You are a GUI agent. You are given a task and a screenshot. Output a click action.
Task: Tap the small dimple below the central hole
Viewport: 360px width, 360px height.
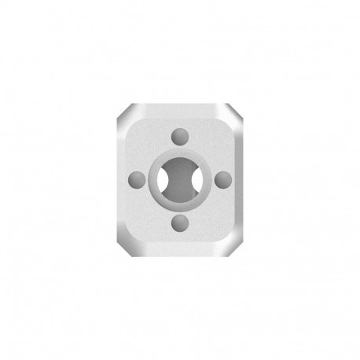point(179,224)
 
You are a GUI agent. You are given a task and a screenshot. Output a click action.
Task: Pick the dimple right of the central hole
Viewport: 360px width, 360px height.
point(224,178)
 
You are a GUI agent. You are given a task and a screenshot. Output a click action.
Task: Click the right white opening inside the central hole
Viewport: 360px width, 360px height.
point(193,179)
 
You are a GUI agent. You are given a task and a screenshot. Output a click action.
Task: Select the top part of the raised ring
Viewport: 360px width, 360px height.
point(179,152)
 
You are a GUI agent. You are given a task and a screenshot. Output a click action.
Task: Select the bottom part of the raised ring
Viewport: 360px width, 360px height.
point(179,206)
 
